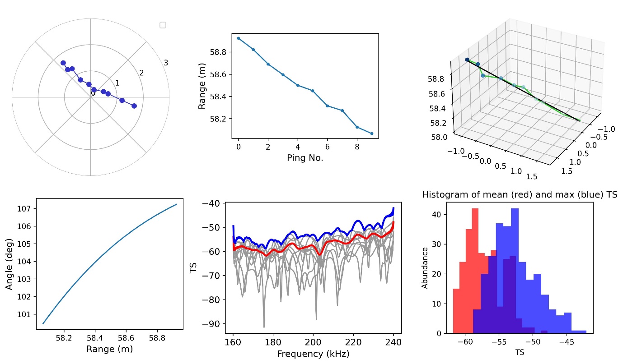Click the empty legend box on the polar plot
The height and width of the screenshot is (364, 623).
(x=163, y=25)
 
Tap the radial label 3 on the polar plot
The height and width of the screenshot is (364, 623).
(x=166, y=63)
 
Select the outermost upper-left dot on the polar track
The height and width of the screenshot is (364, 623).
(x=63, y=63)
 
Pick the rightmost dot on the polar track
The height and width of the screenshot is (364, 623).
(x=134, y=106)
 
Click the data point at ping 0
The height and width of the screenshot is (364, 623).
(x=238, y=38)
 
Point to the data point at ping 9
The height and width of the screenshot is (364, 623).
(x=372, y=134)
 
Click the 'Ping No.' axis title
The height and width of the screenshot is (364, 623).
(x=305, y=158)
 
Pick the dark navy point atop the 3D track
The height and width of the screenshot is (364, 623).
(x=467, y=60)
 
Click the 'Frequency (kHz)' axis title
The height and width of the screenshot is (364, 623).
(x=313, y=354)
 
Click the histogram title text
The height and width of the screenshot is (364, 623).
(x=520, y=194)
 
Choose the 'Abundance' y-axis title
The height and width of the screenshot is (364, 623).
(x=425, y=268)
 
